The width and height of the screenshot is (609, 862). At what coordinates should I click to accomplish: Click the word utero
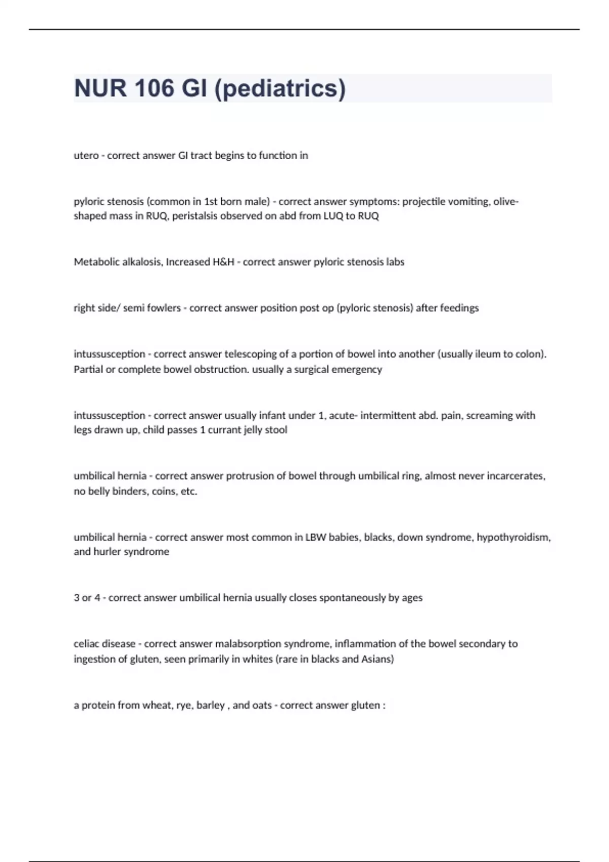pyautogui.click(x=86, y=156)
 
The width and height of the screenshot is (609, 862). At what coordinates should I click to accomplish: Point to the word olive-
pyautogui.click(x=505, y=201)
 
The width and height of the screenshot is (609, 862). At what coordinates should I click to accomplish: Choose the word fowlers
pyautogui.click(x=163, y=308)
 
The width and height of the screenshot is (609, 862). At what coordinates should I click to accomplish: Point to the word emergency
pyautogui.click(x=357, y=369)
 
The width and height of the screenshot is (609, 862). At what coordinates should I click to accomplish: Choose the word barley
pyautogui.click(x=210, y=705)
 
